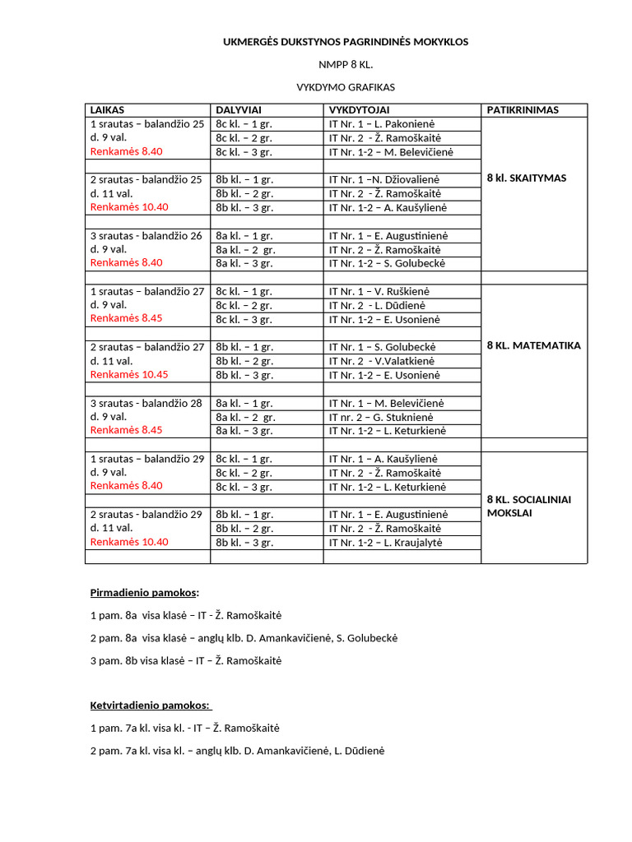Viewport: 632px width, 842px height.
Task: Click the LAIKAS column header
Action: (x=107, y=109)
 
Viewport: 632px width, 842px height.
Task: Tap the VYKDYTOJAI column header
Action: (x=360, y=109)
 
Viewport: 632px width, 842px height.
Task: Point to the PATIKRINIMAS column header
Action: (x=523, y=109)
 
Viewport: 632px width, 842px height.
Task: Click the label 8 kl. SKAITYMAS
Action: (x=527, y=178)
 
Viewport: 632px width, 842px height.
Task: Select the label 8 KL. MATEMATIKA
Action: (x=534, y=345)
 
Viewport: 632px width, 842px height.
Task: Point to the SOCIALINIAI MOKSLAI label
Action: (x=529, y=506)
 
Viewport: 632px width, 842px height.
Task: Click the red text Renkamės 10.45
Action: (x=129, y=375)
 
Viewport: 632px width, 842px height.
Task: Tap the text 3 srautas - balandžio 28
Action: (x=146, y=403)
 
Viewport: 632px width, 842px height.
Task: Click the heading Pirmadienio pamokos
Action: (x=145, y=592)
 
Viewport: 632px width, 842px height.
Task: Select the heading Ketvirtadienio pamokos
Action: (x=151, y=706)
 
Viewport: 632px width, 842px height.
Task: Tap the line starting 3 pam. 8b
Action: (x=186, y=660)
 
